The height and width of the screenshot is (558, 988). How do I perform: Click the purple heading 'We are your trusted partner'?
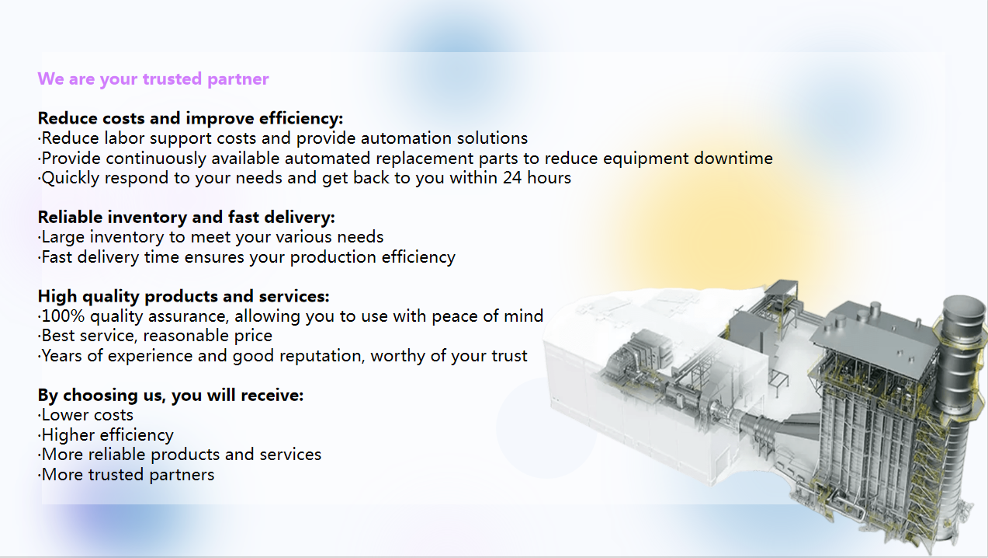pos(153,79)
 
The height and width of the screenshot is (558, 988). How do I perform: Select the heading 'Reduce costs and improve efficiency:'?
pos(190,118)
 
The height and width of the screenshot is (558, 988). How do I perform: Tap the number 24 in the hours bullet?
pos(512,178)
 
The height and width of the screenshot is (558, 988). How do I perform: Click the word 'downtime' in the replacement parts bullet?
pos(733,159)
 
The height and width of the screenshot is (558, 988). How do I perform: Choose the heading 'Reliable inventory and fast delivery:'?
pos(186,218)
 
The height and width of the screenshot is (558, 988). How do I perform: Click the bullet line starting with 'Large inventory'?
pos(211,237)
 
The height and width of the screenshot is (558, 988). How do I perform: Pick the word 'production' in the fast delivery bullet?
pos(333,257)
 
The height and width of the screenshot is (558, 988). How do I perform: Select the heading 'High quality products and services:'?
pos(183,296)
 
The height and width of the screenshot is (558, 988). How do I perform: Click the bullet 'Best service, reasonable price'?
pos(154,336)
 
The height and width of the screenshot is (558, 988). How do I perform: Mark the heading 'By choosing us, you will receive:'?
pos(171,396)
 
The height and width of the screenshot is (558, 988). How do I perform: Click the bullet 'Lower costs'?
pos(85,415)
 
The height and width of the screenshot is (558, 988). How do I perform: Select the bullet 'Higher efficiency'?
pos(106,435)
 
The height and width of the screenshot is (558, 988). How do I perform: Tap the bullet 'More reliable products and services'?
pos(179,455)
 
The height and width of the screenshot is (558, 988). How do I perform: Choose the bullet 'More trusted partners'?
pos(127,475)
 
